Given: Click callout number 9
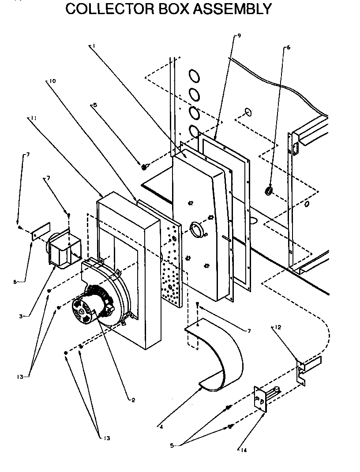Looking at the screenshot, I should click(239, 36).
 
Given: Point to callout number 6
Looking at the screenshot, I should click(289, 47).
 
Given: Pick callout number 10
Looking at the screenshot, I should click(52, 81).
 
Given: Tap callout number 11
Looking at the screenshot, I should click(34, 118).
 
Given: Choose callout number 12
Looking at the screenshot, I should click(277, 327).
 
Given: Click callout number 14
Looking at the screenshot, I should click(244, 450).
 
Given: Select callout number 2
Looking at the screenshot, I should click(133, 400).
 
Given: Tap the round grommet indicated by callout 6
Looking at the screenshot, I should click(268, 191).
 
